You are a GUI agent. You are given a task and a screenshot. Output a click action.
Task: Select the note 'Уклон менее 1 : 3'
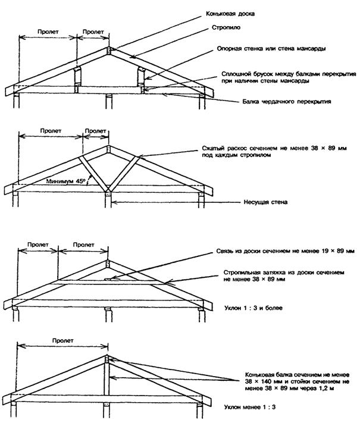(243, 408)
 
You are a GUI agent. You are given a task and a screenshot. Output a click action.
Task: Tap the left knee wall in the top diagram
(76, 79)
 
